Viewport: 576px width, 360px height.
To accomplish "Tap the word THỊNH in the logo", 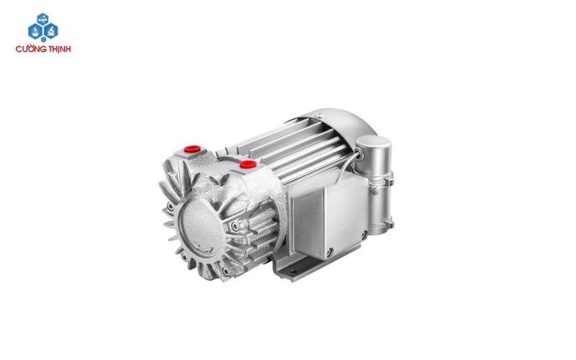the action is coord(58,49).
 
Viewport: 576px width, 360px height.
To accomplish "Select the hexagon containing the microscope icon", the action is coord(50,31).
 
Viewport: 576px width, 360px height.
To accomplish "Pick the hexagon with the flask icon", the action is coord(35,31).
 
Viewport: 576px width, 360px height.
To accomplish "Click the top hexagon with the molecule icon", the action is coord(43,19).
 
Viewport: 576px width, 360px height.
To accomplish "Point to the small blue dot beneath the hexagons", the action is coord(43,40).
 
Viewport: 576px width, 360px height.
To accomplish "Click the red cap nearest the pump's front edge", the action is coord(192,149).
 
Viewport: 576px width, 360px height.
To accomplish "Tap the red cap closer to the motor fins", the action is coord(248,164).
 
